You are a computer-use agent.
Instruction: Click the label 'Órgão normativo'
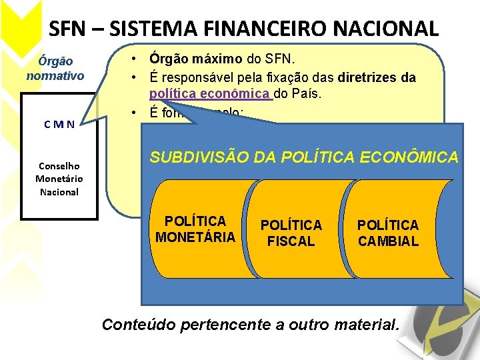[x=55, y=68]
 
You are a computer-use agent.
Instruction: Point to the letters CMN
[x=59, y=123]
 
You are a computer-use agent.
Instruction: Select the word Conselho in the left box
[x=59, y=166]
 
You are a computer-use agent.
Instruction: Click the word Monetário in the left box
[x=59, y=179]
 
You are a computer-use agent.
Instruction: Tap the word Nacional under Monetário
[x=59, y=192]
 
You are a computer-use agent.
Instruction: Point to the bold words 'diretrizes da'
[x=377, y=77]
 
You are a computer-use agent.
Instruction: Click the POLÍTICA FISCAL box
[x=291, y=233]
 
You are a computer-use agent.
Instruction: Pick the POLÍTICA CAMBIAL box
[x=388, y=233]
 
